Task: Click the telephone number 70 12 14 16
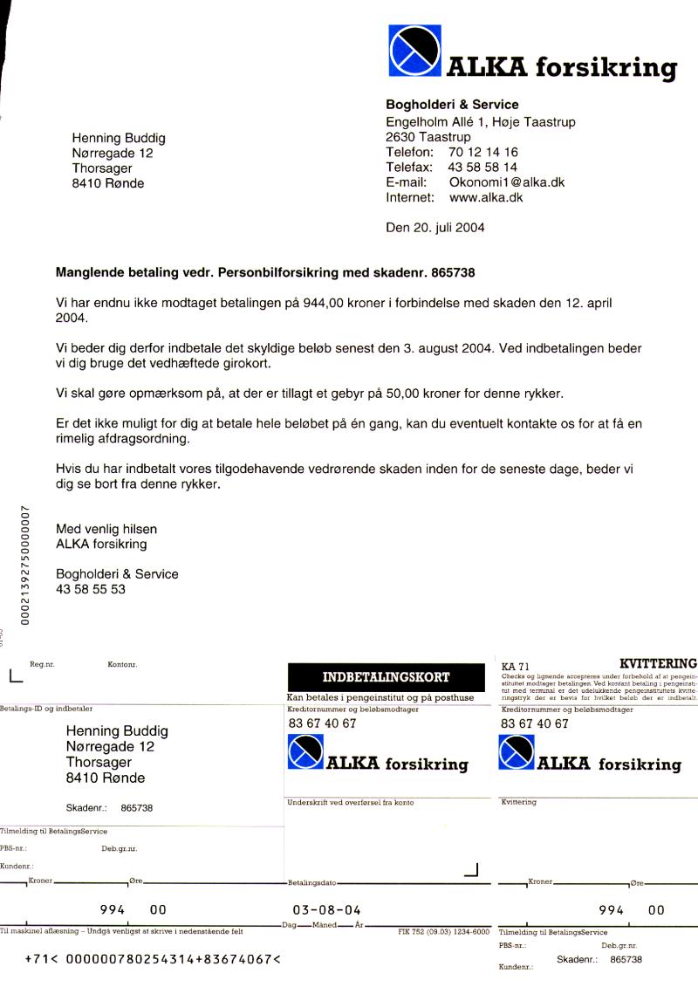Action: [483, 152]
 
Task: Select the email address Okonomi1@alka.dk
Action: [507, 182]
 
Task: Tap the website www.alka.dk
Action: [486, 197]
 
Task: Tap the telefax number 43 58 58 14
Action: [482, 167]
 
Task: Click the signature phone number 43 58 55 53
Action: [91, 589]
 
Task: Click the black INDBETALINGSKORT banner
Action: [386, 677]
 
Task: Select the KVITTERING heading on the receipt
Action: [658, 663]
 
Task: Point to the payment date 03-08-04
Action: [327, 908]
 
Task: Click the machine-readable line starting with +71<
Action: [153, 958]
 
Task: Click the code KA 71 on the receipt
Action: [516, 666]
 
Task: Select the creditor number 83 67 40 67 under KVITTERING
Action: [534, 723]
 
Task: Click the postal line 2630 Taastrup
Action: [428, 137]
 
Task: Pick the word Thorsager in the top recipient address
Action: [102, 168]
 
